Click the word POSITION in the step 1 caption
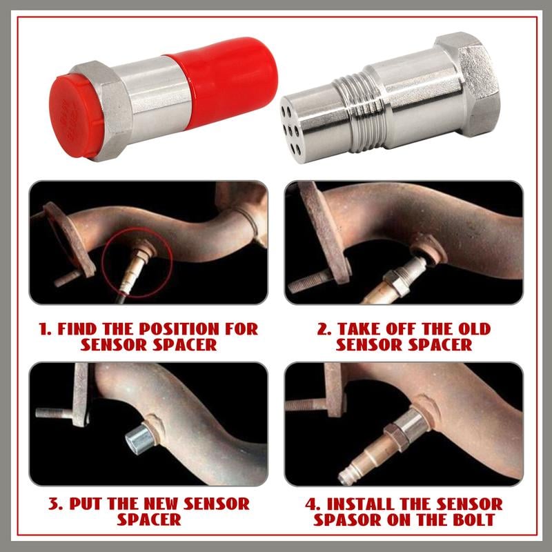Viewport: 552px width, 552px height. [179, 329]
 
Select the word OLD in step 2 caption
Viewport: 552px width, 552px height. [474, 329]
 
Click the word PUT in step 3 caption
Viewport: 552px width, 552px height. [86, 504]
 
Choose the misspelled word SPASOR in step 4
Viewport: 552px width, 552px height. [347, 520]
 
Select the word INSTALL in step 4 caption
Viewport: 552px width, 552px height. [360, 504]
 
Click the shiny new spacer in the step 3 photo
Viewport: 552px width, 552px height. [140, 438]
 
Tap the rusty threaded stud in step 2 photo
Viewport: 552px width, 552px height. [309, 282]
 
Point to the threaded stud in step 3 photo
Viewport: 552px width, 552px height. [55, 413]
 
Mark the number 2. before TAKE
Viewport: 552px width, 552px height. [324, 329]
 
